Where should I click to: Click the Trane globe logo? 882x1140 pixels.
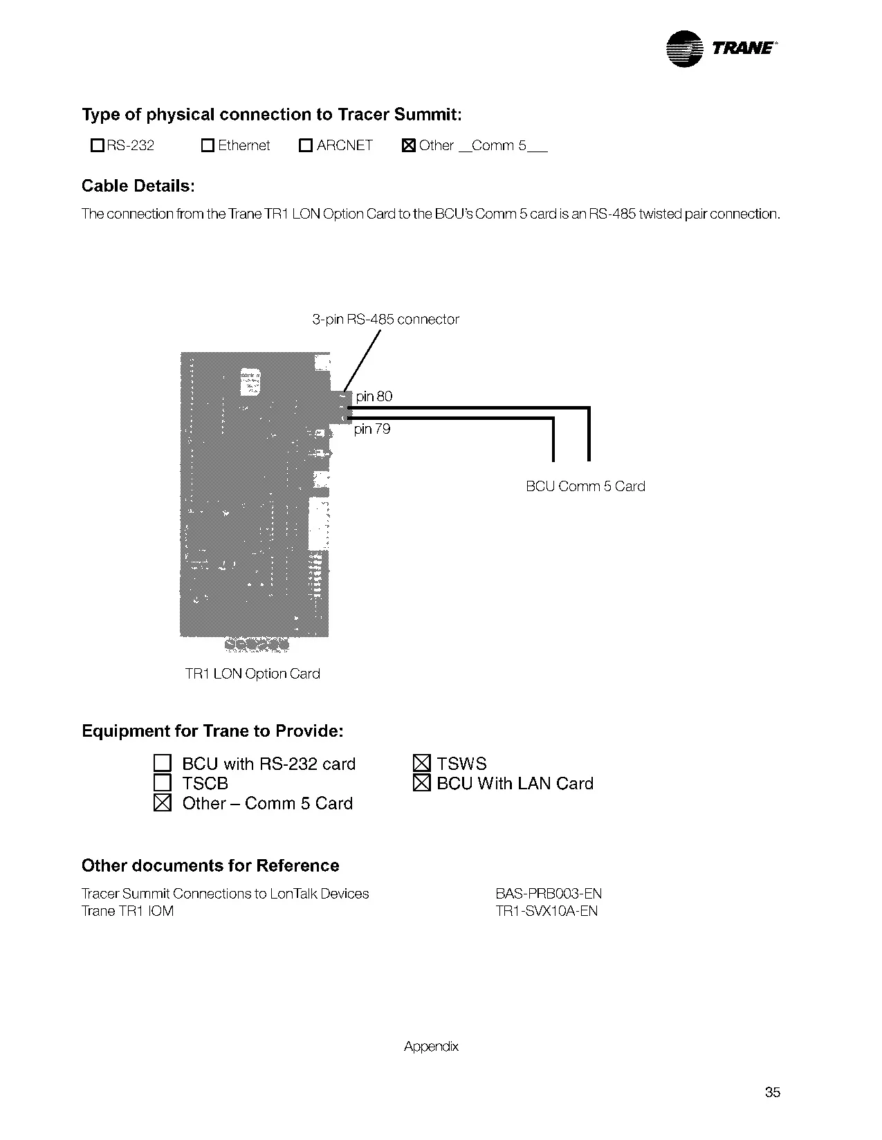point(683,49)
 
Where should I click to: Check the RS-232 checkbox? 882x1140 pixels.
point(98,145)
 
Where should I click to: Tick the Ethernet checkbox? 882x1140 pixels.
point(208,145)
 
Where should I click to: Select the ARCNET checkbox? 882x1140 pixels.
point(305,145)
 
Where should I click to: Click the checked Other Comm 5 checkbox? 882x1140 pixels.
point(409,145)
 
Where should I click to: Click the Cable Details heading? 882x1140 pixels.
point(138,185)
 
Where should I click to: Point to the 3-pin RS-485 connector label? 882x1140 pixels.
point(385,319)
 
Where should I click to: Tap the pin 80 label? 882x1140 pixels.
point(374,396)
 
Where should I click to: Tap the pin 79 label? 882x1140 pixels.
point(371,429)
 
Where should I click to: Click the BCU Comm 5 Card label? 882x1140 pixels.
point(585,486)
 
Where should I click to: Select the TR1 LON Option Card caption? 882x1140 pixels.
point(252,674)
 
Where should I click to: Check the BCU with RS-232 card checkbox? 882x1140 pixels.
point(163,763)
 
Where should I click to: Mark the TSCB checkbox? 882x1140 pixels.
point(163,782)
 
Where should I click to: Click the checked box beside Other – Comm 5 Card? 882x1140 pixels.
point(163,802)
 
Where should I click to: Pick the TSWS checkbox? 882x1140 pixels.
point(421,763)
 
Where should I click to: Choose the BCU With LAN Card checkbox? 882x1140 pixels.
point(421,782)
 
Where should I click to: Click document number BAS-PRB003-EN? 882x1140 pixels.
point(549,894)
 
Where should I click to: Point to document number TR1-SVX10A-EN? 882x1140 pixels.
point(546,911)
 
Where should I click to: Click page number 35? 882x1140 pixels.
point(773,1092)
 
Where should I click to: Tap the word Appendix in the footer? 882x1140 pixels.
point(431,1047)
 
